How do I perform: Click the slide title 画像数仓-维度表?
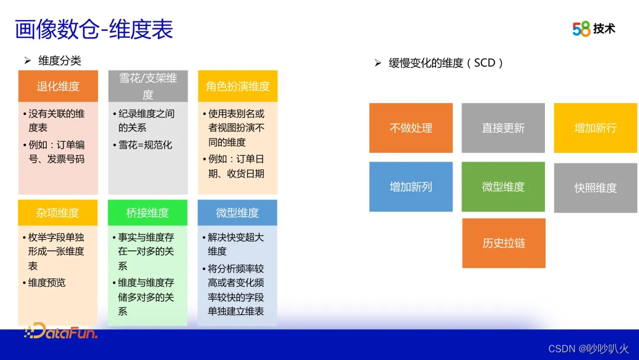(x=93, y=30)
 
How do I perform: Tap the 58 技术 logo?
(x=594, y=28)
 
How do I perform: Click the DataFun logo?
(x=61, y=331)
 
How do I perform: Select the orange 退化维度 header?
(x=58, y=86)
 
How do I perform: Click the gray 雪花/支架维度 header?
(x=148, y=86)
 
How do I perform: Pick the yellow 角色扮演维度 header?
(x=238, y=86)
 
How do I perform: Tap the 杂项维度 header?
(x=58, y=213)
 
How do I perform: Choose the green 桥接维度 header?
(x=147, y=213)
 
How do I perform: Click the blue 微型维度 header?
(x=237, y=213)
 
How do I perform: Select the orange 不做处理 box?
(x=411, y=128)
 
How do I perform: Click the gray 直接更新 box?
(x=504, y=128)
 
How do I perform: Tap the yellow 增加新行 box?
(x=595, y=128)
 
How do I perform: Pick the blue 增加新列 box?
(x=411, y=187)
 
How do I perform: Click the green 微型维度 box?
(x=504, y=187)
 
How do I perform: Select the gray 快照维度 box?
(x=595, y=188)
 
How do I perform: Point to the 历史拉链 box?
(x=504, y=243)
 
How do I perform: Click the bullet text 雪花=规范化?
(x=145, y=144)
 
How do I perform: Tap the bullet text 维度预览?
(x=47, y=282)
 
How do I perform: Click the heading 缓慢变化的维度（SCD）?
(x=446, y=63)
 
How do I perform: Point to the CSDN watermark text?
(x=589, y=349)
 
